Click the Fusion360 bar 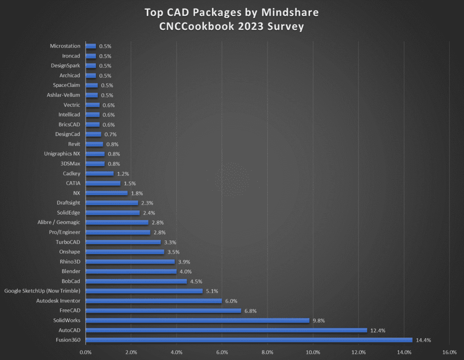tap(249, 340)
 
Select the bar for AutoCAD tap(226, 330)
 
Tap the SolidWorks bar tap(197, 320)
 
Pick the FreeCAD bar tap(163, 311)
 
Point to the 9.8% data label tap(318, 321)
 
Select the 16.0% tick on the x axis tap(449, 352)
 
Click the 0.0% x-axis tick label tap(85, 352)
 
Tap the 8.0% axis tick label tap(267, 352)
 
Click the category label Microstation tap(65, 46)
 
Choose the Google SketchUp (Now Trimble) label tap(42, 291)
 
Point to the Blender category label tap(71, 271)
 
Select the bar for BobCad tap(136, 281)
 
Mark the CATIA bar tap(103, 183)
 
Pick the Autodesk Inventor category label tap(58, 301)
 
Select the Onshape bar tap(125, 252)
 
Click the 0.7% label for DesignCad tap(110, 134)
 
